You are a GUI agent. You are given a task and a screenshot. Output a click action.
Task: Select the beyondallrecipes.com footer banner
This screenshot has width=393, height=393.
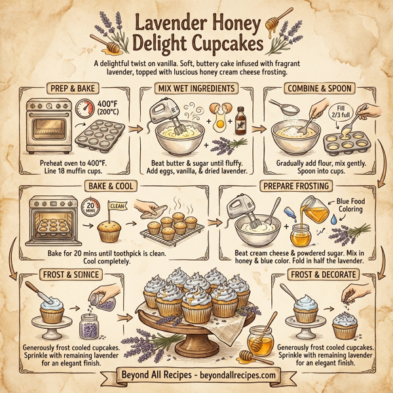196,376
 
